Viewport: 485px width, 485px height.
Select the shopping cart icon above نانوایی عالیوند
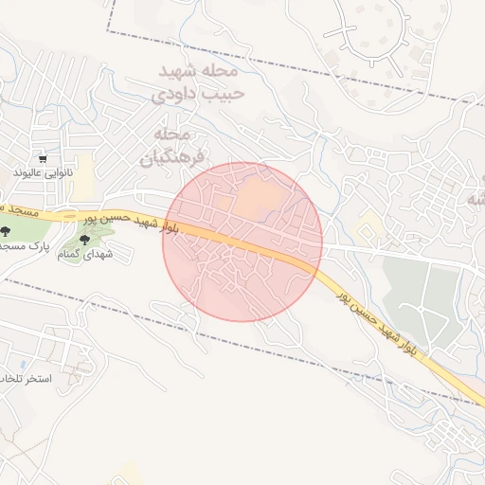coord(43,159)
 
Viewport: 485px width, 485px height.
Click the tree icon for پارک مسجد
coord(6,229)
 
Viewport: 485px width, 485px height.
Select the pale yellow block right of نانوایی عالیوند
coord(85,171)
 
